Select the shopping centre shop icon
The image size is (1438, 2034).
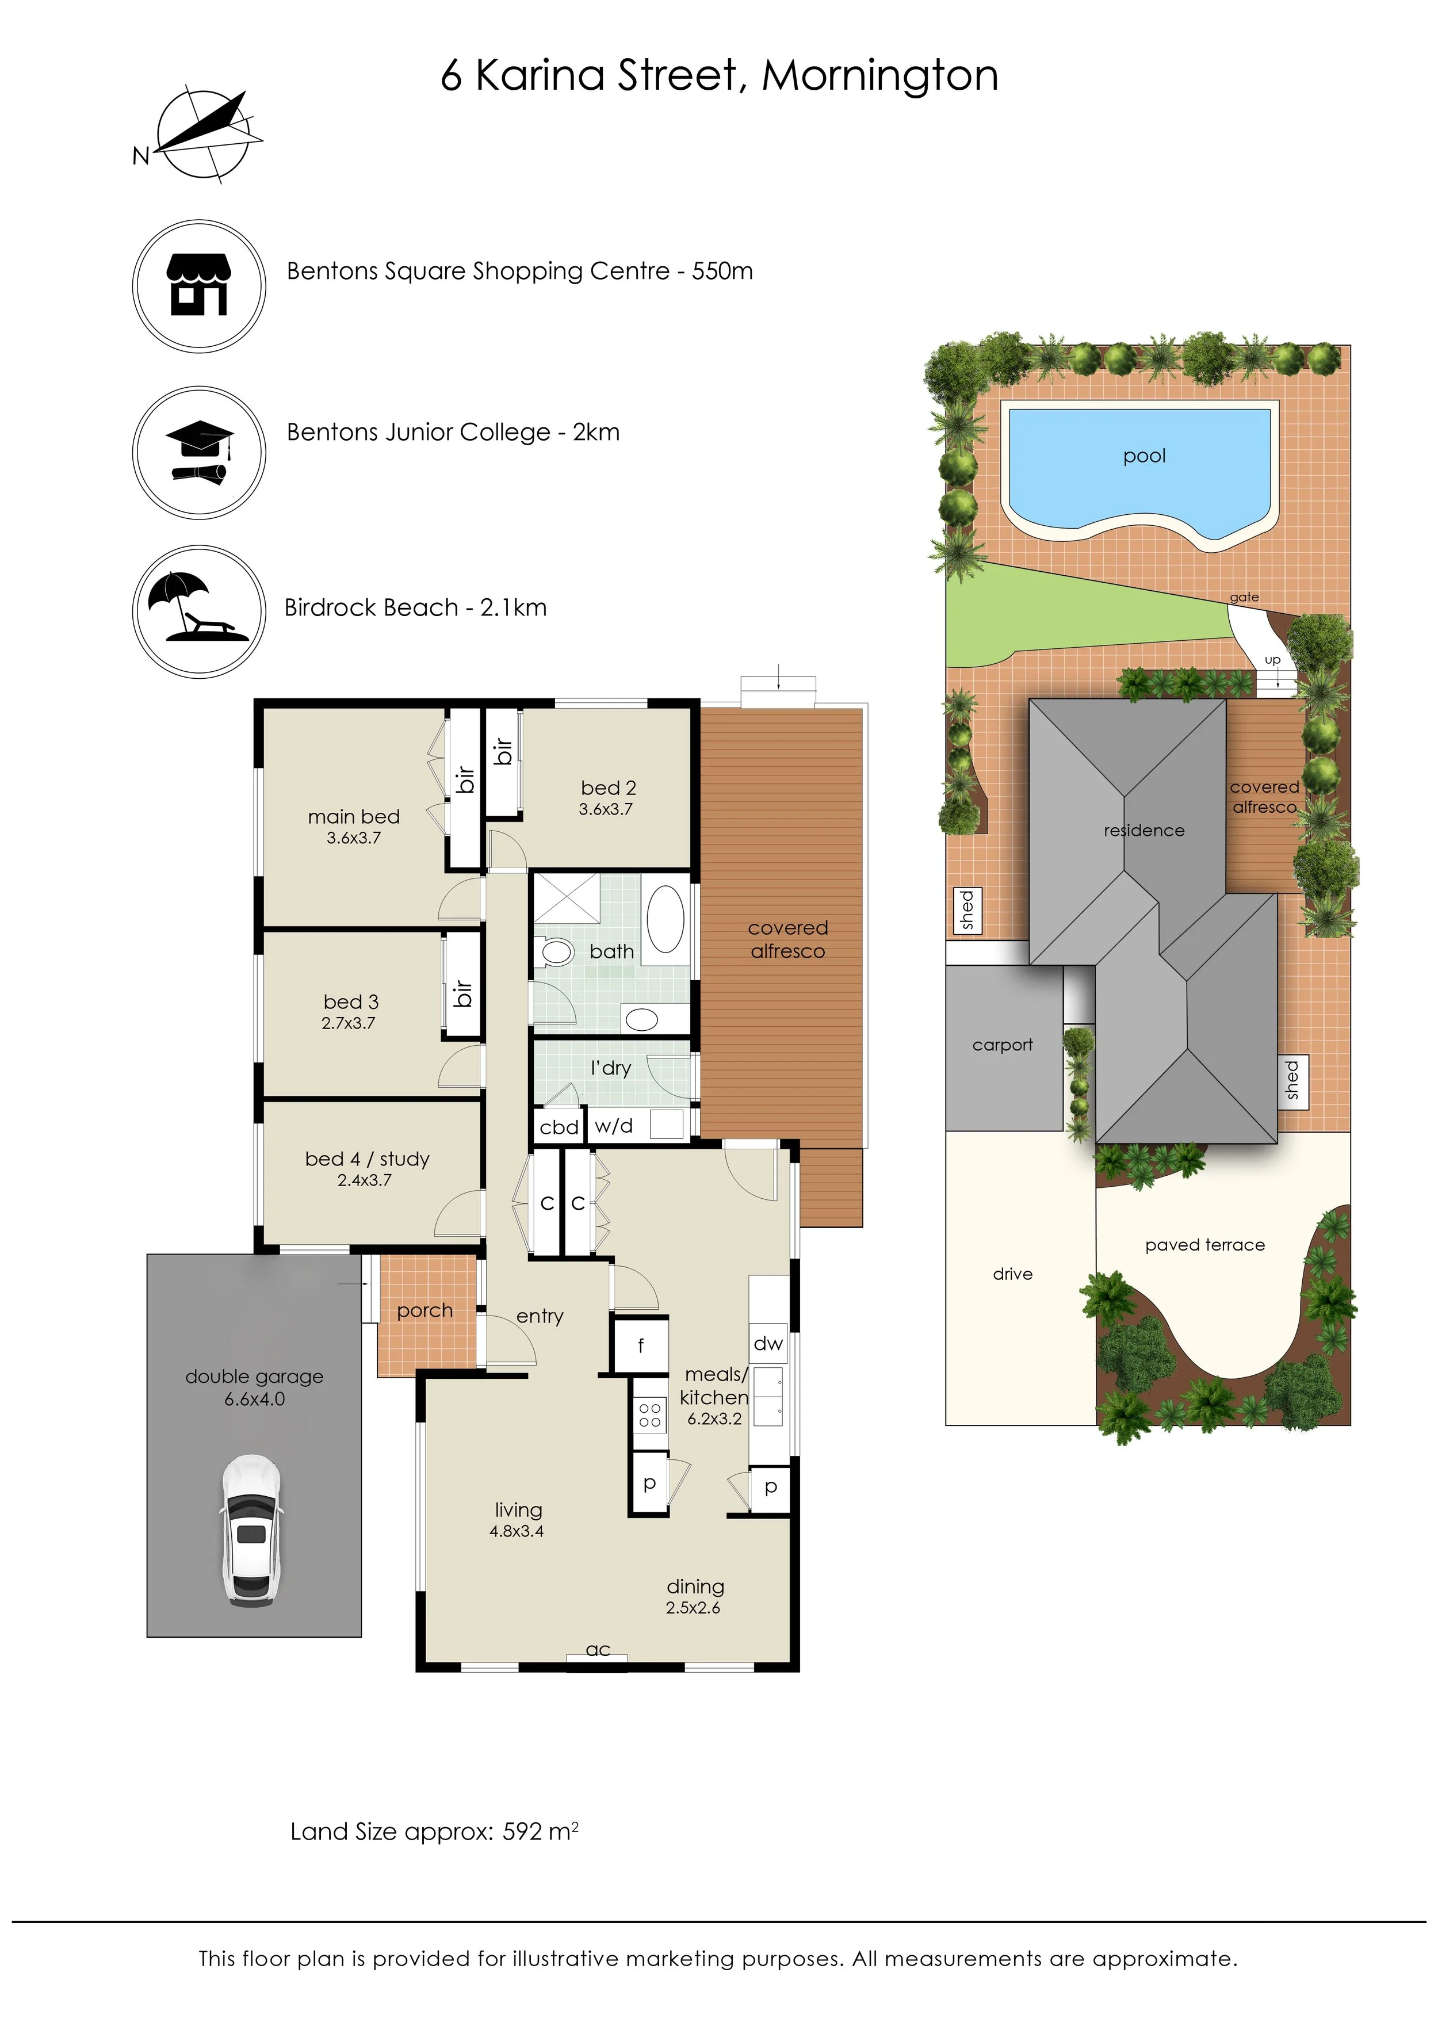pyautogui.click(x=200, y=285)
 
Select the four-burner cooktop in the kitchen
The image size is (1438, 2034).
pyautogui.click(x=649, y=1414)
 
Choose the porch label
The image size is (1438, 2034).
pyautogui.click(x=424, y=1310)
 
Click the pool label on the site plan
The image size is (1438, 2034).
pyautogui.click(x=1144, y=456)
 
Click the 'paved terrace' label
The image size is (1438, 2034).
pyautogui.click(x=1204, y=1245)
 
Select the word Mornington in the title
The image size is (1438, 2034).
pyautogui.click(x=880, y=75)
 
